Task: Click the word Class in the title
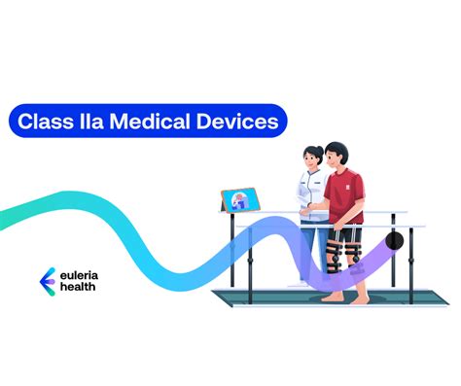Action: pyautogui.click(x=50, y=123)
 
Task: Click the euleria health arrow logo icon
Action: pyautogui.click(x=45, y=280)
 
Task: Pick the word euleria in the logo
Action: pyautogui.click(x=84, y=274)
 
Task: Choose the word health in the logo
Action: pyautogui.click(x=82, y=288)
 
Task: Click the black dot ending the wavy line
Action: pyautogui.click(x=394, y=240)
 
